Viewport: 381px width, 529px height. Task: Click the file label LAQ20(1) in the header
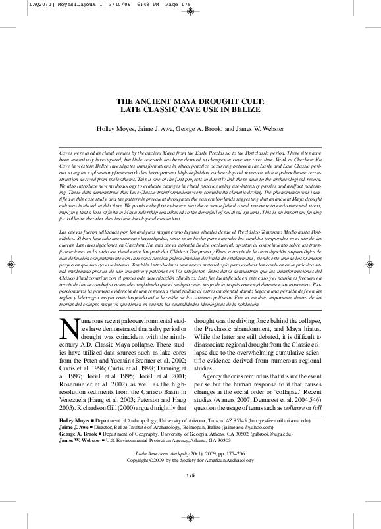tap(18, 5)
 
